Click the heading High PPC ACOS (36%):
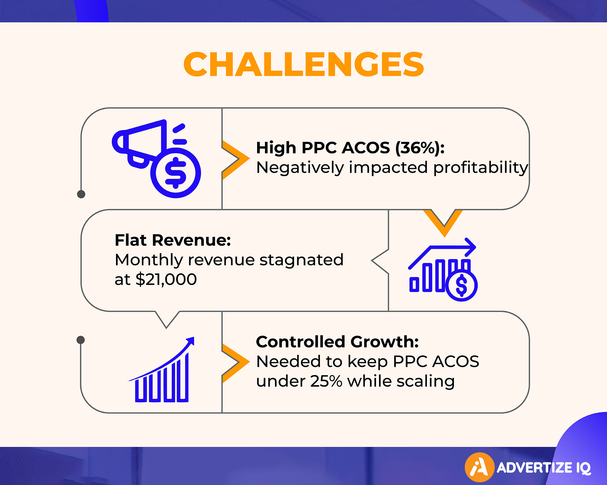click(350, 148)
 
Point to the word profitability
click(481, 168)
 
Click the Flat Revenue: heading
click(173, 240)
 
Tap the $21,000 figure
click(166, 279)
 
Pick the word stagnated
click(301, 260)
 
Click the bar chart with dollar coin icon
click(443, 269)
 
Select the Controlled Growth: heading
click(337, 342)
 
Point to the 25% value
click(326, 381)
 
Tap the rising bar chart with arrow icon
click(162, 370)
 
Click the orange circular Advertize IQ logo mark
click(480, 468)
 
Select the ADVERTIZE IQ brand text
click(544, 468)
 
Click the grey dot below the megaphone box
click(81, 194)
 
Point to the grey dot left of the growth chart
click(81, 340)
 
